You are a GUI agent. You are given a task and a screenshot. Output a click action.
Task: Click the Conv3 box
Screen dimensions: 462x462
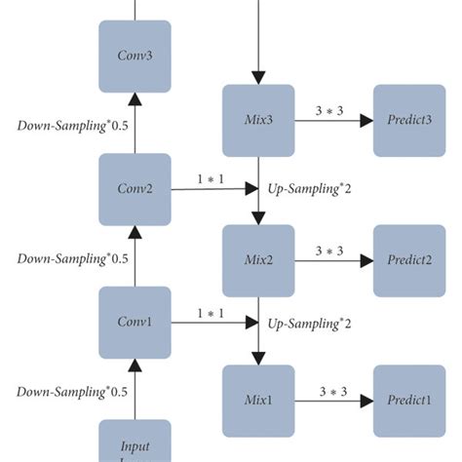pos(135,55)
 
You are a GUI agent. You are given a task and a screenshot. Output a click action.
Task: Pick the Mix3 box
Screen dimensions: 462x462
pos(258,121)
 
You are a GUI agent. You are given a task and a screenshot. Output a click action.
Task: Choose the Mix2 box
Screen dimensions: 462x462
pos(258,261)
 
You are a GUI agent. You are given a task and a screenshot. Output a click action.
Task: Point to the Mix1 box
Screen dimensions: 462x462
pos(258,401)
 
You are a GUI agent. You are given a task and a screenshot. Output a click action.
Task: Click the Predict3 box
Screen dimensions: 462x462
pos(409,121)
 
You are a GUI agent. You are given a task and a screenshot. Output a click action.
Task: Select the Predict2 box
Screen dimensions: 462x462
pos(409,261)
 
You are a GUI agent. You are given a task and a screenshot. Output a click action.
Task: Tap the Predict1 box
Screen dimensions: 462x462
pos(409,401)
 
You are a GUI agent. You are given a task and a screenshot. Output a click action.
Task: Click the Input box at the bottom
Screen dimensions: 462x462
pos(135,442)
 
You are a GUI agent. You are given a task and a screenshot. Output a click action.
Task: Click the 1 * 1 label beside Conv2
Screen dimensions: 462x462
pos(210,180)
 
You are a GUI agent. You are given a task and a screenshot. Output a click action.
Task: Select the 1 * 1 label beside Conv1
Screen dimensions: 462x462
pos(210,313)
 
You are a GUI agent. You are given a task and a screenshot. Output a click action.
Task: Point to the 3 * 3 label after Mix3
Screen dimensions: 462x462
pos(330,111)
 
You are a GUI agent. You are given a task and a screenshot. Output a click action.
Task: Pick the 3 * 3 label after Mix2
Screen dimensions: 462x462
pos(330,251)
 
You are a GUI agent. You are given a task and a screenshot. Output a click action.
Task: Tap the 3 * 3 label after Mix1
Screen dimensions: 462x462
pos(330,391)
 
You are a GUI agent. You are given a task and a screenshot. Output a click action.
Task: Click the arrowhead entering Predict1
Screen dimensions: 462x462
pos(366,401)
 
